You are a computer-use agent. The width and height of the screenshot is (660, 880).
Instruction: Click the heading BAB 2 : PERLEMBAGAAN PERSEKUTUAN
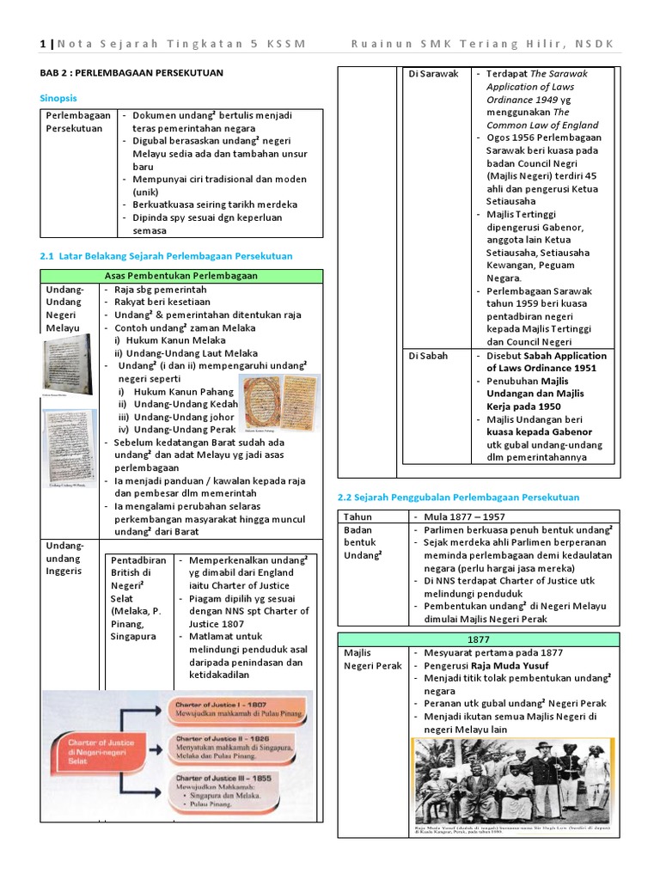pyautogui.click(x=131, y=73)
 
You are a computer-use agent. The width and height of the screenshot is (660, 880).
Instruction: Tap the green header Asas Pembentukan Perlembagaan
pyautogui.click(x=181, y=276)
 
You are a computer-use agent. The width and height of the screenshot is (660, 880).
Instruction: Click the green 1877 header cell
pyautogui.click(x=478, y=639)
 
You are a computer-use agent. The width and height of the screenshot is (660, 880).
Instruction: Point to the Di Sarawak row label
pyautogui.click(x=433, y=74)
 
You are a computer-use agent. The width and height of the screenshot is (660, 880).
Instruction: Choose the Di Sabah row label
pyautogui.click(x=428, y=356)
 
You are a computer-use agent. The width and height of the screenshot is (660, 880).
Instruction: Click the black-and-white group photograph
pyautogui.click(x=510, y=779)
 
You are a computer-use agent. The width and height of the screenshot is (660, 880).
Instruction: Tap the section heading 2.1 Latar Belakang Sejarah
pyautogui.click(x=167, y=256)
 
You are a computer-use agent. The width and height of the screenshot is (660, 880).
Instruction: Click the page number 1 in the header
pyautogui.click(x=42, y=44)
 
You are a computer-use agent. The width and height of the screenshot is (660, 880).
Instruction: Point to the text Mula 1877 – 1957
pyautogui.click(x=465, y=516)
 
